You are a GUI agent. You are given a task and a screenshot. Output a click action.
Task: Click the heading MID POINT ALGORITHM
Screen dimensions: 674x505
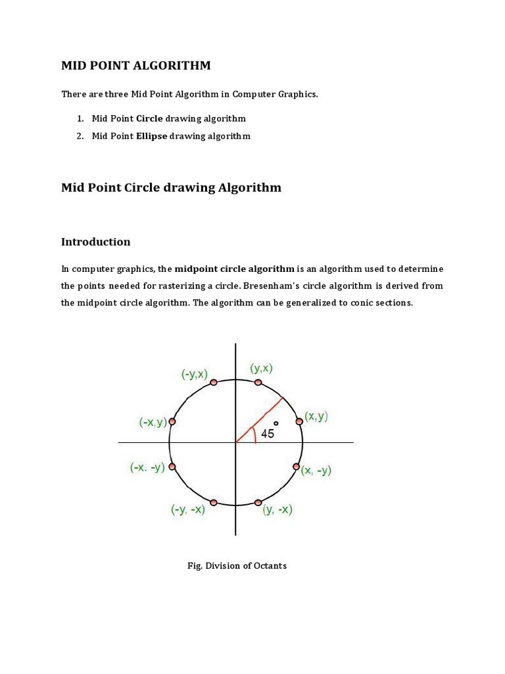pyautogui.click(x=136, y=65)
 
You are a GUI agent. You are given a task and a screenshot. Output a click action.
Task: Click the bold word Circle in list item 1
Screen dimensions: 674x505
pyautogui.click(x=149, y=118)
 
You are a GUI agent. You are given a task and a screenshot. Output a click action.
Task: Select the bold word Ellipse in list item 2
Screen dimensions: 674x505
pyautogui.click(x=152, y=136)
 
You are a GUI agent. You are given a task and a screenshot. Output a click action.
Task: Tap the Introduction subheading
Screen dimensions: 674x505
pyautogui.click(x=96, y=242)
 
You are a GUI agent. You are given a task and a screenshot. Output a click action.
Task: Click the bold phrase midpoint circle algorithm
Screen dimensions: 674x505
pyautogui.click(x=234, y=269)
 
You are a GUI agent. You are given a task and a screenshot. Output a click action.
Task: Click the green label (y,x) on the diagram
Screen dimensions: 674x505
pyautogui.click(x=262, y=369)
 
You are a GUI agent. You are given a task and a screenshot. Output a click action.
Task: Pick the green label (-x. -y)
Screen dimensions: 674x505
pyautogui.click(x=147, y=468)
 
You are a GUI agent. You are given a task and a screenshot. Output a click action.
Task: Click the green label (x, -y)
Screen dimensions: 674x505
pyautogui.click(x=316, y=470)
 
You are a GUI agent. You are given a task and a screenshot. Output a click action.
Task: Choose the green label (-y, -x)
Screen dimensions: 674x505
pyautogui.click(x=188, y=509)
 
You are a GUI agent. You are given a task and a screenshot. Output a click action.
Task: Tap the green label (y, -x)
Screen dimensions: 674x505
pyautogui.click(x=277, y=509)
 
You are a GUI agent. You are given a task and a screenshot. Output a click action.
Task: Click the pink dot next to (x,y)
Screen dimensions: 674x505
pyautogui.click(x=299, y=421)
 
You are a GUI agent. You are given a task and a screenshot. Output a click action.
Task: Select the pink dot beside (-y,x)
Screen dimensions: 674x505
pyautogui.click(x=212, y=382)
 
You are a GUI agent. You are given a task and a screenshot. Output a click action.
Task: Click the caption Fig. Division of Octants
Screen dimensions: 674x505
pyautogui.click(x=237, y=565)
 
